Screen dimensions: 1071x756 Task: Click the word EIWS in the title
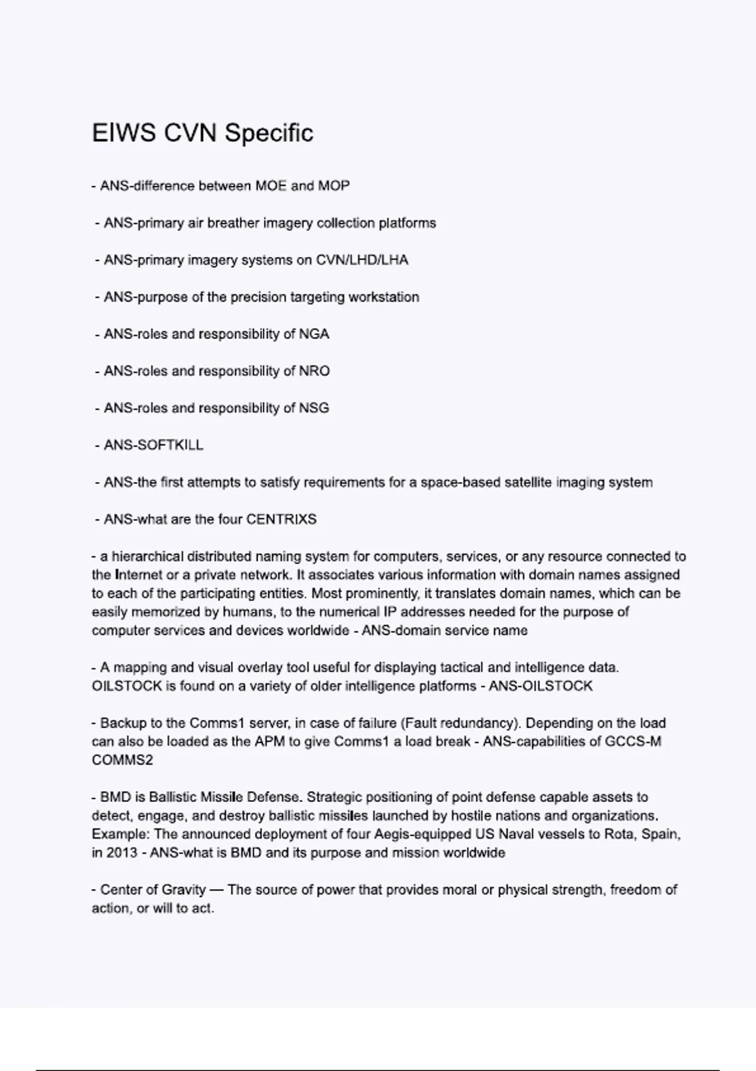coord(123,133)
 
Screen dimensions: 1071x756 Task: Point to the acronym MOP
coord(334,186)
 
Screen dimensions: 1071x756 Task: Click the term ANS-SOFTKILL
coord(153,445)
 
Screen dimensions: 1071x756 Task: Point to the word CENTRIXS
coord(281,520)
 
